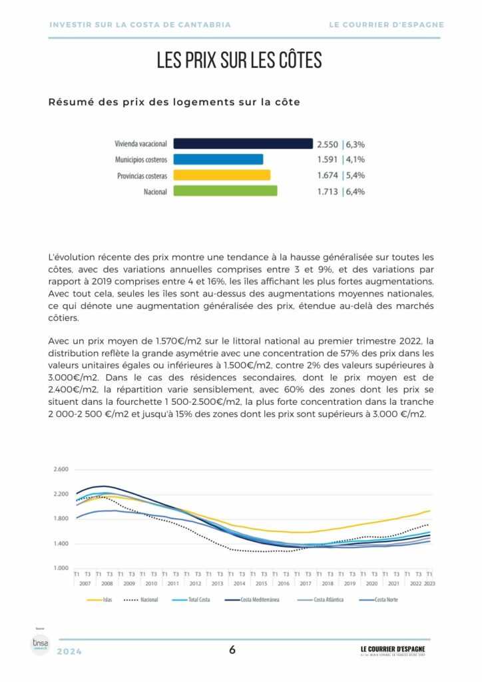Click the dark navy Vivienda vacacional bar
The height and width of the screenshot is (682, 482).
point(243,143)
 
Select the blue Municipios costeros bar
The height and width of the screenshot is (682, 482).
point(218,159)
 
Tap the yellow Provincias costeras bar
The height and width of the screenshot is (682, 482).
point(222,175)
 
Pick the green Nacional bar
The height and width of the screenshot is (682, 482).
point(225,191)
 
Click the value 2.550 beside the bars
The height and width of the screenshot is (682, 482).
point(328,144)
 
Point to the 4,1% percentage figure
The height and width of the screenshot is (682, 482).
point(356,160)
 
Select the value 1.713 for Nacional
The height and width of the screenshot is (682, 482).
point(328,192)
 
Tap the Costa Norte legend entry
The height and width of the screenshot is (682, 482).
point(385,599)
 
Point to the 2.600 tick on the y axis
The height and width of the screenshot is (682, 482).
point(60,470)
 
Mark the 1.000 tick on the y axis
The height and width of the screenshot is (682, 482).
point(60,568)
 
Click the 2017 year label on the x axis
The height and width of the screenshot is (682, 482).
point(305,583)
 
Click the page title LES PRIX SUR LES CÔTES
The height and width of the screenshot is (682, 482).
point(240,61)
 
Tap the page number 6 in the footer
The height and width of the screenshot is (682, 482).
point(232,650)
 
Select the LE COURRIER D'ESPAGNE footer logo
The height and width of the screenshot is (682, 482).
point(393,650)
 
